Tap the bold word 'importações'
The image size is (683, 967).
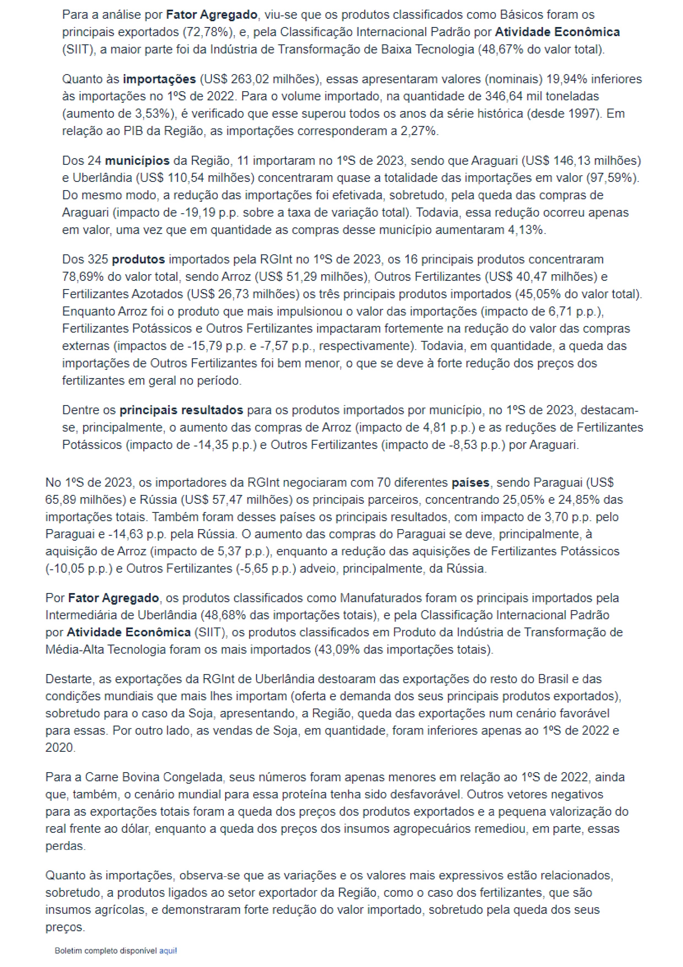point(159,79)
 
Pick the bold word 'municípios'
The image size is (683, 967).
point(137,160)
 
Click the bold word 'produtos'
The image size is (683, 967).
point(138,259)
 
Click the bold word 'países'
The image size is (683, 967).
point(470,482)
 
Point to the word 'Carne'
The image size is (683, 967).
point(101,777)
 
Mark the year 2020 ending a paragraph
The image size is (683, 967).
point(60,748)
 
